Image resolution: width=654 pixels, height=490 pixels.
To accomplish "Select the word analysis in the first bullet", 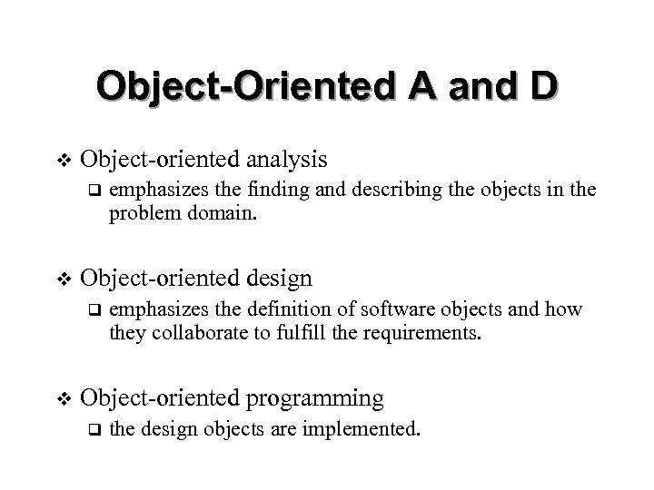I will click(x=283, y=160).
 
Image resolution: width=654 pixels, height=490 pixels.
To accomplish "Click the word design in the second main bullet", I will click(x=277, y=279).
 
